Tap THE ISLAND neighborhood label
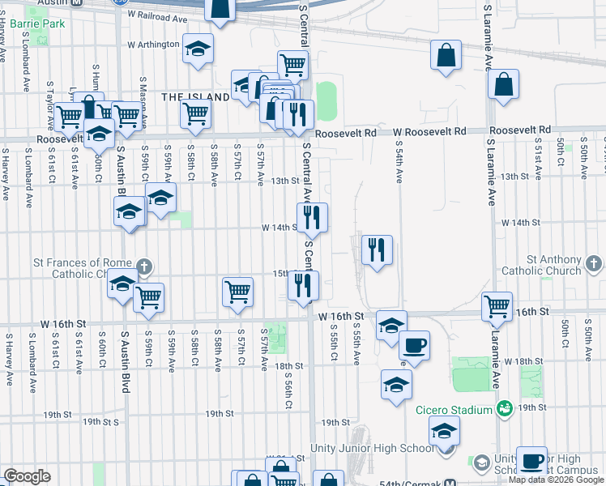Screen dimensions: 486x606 195,96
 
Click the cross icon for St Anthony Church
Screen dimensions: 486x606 594,263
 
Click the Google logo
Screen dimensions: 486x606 27,476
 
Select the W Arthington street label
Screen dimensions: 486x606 152,45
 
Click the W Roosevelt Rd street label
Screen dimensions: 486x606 430,131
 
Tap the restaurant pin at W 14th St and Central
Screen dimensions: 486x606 312,218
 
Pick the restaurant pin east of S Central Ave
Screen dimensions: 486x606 377,250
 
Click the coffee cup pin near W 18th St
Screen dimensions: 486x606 414,346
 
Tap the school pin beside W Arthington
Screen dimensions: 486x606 197,49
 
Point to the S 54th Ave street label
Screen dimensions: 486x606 399,163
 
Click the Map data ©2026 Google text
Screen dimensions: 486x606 555,480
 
